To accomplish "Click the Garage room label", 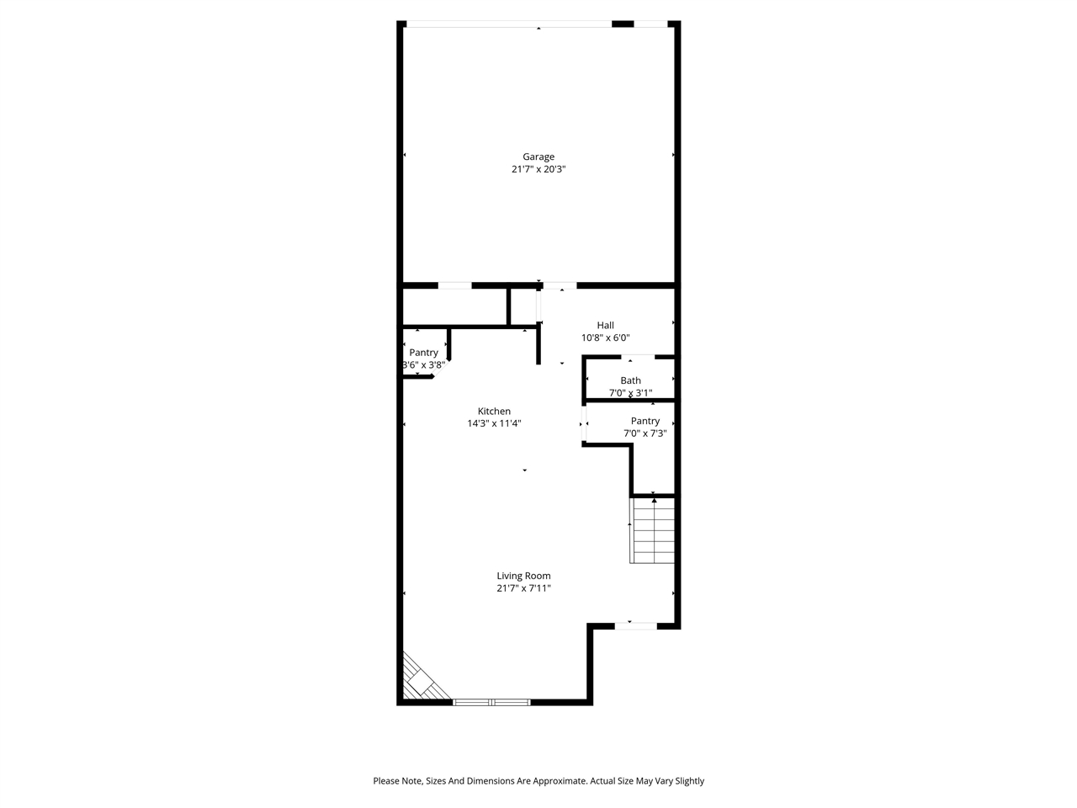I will pos(538,157).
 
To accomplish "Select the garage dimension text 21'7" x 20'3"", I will pos(538,169).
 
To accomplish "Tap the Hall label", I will pos(605,326).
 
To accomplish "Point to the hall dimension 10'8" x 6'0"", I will pos(605,338).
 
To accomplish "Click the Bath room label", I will pos(630,381).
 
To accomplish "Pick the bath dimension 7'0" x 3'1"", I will pos(630,393).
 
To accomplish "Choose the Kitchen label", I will pos(494,412).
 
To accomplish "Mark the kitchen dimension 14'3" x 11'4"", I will pos(494,423).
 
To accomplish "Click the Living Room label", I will pos(523,577).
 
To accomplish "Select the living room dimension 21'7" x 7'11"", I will pos(523,589).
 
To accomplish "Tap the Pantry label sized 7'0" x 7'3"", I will pos(645,422).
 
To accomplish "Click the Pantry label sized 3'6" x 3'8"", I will pos(424,353).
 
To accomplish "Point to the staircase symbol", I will pos(653,530).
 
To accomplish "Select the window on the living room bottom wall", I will pos(491,701).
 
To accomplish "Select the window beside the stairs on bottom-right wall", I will pos(635,625).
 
